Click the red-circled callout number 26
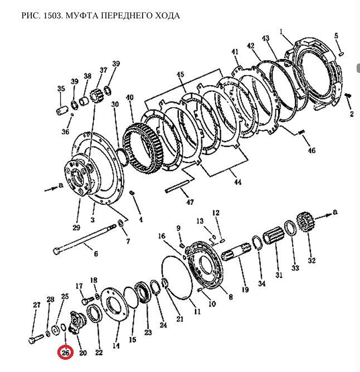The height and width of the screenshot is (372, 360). click(66, 353)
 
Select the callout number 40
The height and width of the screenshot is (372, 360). click(129, 97)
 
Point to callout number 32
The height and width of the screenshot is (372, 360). click(312, 260)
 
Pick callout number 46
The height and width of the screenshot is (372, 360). click(312, 150)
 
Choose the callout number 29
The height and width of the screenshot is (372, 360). click(76, 227)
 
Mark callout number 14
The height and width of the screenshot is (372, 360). click(116, 345)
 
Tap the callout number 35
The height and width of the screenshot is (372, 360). click(61, 89)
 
